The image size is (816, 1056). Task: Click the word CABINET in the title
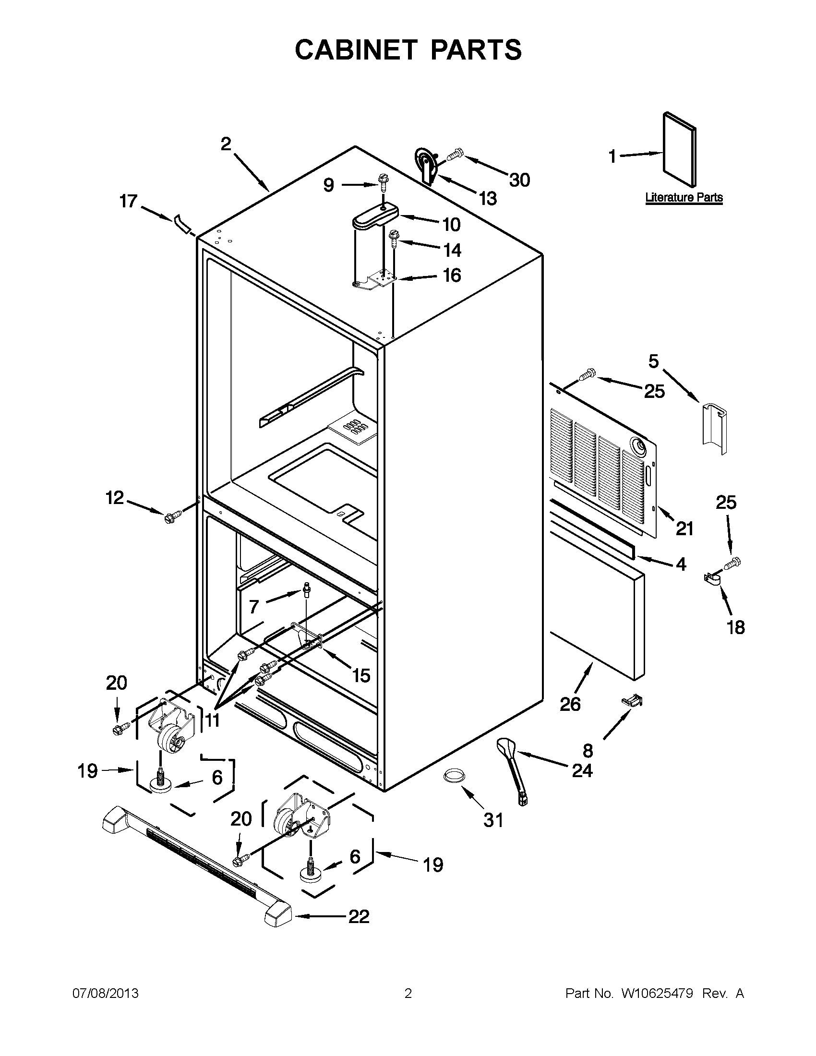pyautogui.click(x=356, y=50)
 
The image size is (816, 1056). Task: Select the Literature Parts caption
pyautogui.click(x=684, y=197)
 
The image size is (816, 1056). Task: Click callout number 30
pyautogui.click(x=520, y=180)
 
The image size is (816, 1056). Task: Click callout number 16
pyautogui.click(x=452, y=275)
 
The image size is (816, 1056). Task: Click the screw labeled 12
pyautogui.click(x=173, y=516)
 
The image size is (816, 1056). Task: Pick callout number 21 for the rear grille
pyautogui.click(x=684, y=528)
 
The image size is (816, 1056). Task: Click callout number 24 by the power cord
pyautogui.click(x=582, y=770)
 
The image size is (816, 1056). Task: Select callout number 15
pyautogui.click(x=361, y=675)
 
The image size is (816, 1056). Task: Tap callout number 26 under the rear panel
pyautogui.click(x=570, y=704)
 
